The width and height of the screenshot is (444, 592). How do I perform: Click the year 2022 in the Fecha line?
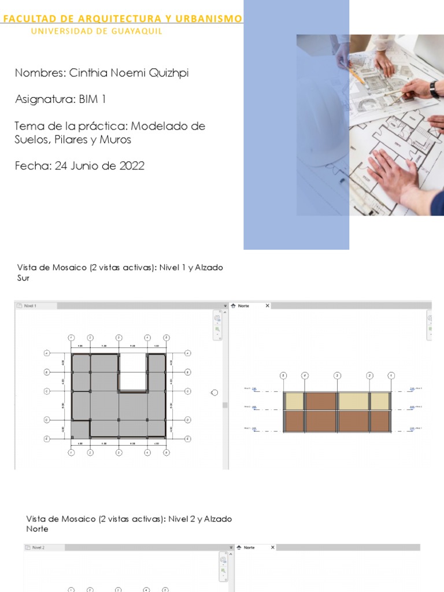132,166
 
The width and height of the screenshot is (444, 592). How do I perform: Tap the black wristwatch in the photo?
434,88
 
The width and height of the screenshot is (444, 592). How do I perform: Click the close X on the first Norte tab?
267,306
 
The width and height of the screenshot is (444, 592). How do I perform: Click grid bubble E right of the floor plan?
188,439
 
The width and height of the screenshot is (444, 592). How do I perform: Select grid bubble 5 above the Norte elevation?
283,375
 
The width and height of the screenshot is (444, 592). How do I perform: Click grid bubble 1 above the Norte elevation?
391,375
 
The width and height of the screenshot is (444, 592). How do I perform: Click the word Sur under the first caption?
24,277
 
